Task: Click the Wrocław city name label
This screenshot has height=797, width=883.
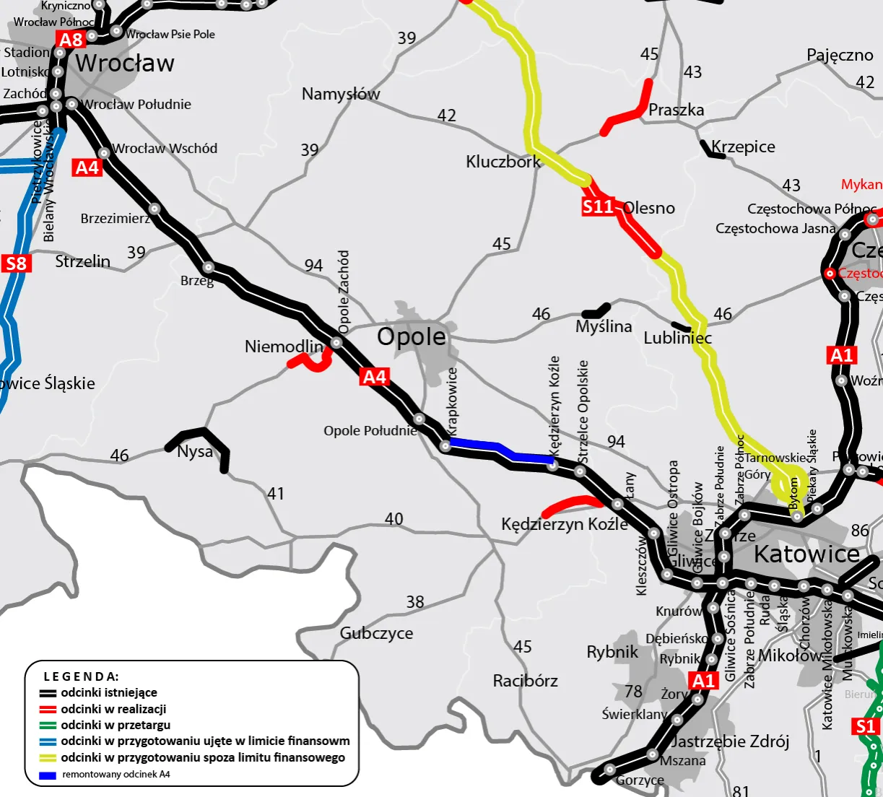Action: click(124, 64)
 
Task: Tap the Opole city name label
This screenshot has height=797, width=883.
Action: click(412, 336)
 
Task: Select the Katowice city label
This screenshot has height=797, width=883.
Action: click(806, 554)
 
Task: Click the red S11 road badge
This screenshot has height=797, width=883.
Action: click(598, 207)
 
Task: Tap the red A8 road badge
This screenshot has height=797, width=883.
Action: click(71, 40)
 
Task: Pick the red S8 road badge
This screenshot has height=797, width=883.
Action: click(16, 264)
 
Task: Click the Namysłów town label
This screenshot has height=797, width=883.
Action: click(341, 94)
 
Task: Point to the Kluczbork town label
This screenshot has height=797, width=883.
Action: click(503, 162)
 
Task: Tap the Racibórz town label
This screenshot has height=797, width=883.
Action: click(525, 681)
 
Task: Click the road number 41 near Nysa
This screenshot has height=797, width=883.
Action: click(276, 494)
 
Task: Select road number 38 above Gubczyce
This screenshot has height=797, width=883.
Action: click(415, 601)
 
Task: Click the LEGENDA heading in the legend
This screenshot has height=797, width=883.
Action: click(81, 676)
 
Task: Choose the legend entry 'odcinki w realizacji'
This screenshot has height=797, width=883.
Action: click(113, 709)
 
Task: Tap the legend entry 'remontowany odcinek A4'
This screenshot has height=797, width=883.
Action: click(116, 775)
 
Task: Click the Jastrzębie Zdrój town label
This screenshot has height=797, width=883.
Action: click(729, 741)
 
